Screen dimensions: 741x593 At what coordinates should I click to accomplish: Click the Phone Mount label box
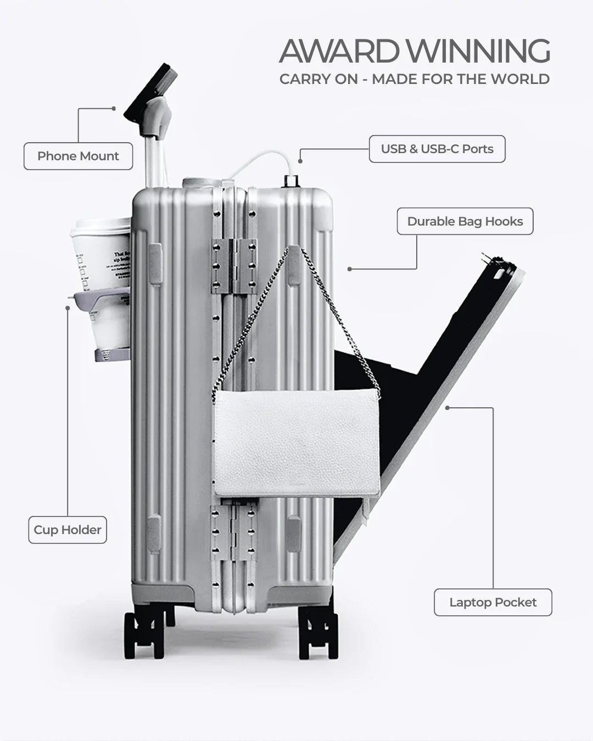[79, 156]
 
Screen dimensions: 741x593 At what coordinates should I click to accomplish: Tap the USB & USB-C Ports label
[437, 149]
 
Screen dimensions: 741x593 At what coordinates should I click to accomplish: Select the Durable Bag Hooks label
[465, 222]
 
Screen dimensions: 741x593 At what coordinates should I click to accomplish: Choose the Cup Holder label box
[68, 530]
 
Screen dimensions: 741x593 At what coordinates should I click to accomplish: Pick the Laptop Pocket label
[493, 603]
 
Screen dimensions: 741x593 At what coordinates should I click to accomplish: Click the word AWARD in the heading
[339, 52]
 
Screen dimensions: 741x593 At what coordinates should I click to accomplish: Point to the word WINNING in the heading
[479, 52]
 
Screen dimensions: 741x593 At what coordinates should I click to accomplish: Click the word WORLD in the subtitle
[520, 79]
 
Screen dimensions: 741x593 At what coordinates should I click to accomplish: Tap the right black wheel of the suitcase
[318, 634]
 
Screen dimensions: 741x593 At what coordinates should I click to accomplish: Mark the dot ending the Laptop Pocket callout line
[447, 408]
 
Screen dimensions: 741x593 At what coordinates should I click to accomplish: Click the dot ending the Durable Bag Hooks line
[350, 269]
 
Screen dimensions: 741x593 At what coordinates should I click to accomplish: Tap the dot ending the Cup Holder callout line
[68, 308]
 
